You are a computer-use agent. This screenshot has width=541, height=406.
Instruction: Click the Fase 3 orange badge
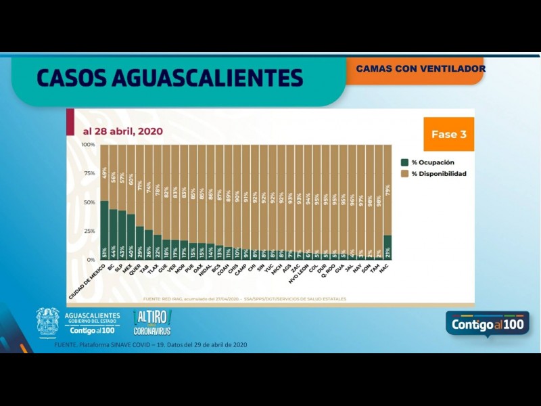pos(448,134)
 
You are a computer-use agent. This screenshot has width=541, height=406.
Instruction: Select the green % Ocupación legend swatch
pos(404,162)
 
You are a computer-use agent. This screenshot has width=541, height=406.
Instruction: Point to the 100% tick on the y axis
pos(88,145)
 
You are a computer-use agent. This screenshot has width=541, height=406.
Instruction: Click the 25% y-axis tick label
pos(89,231)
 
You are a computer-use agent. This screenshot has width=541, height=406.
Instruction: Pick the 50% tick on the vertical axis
pos(89,202)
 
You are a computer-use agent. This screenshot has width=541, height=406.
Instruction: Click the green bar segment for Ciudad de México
pos(104,230)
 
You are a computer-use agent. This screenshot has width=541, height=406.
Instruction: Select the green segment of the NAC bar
pos(387,248)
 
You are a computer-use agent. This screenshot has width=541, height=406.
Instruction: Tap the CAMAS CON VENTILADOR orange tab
pos(420,69)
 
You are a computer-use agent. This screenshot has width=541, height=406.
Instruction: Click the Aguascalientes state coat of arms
pos(47,323)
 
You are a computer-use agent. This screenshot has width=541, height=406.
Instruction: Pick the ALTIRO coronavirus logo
pos(152,323)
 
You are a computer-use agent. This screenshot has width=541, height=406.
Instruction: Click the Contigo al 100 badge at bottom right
pos(486,323)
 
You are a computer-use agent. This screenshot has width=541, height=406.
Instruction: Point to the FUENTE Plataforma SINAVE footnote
pos(150,345)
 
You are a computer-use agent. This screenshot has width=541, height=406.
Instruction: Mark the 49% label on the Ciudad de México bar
pos(104,174)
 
